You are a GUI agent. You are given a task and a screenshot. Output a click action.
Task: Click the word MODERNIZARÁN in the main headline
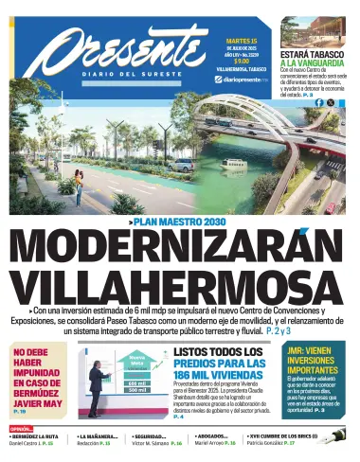[180, 250]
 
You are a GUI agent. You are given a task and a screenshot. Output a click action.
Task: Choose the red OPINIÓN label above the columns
[21, 428]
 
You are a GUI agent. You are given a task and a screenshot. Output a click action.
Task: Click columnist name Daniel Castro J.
[27, 444]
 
